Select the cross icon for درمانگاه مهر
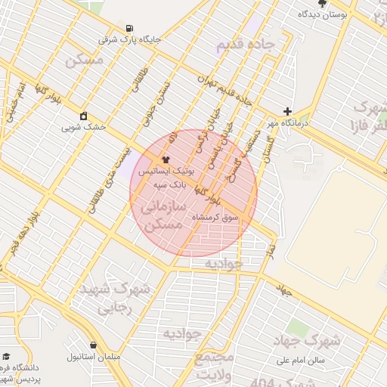pyautogui.click(x=287, y=111)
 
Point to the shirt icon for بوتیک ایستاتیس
pyautogui.click(x=166, y=160)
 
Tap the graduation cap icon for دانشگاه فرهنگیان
pyautogui.click(x=7, y=356)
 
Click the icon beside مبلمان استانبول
pyautogui.click(x=93, y=345)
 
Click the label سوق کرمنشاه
pyautogui.click(x=215, y=217)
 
